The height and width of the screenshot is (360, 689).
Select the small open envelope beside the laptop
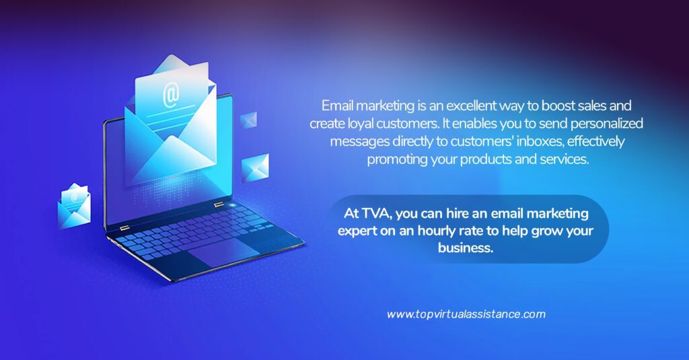pos(74,206)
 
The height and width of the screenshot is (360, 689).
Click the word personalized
pos(607,124)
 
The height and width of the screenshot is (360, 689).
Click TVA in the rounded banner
pos(377,213)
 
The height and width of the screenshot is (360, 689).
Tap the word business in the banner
pos(466,248)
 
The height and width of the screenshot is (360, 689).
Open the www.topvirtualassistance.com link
pos(466,314)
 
